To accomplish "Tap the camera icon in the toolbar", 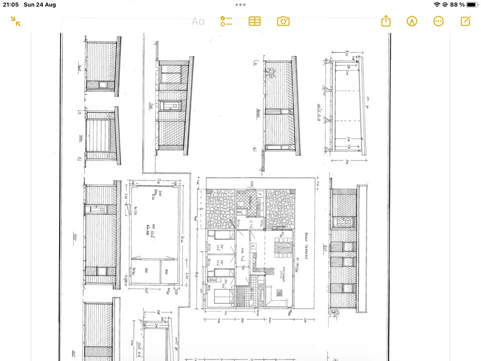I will point(283,21).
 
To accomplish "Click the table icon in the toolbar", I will point(255,21).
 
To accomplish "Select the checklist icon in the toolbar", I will point(226,21).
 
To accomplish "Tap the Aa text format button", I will point(198,22).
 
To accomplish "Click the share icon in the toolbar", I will point(385,21).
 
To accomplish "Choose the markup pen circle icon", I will point(412,21).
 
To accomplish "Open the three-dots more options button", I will point(438,21).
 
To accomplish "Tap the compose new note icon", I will point(465,21).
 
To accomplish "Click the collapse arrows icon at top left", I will point(16,21).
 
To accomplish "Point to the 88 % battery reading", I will point(457,5).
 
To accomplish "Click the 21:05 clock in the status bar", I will point(11,5).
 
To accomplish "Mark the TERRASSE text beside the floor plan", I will point(306,243).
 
